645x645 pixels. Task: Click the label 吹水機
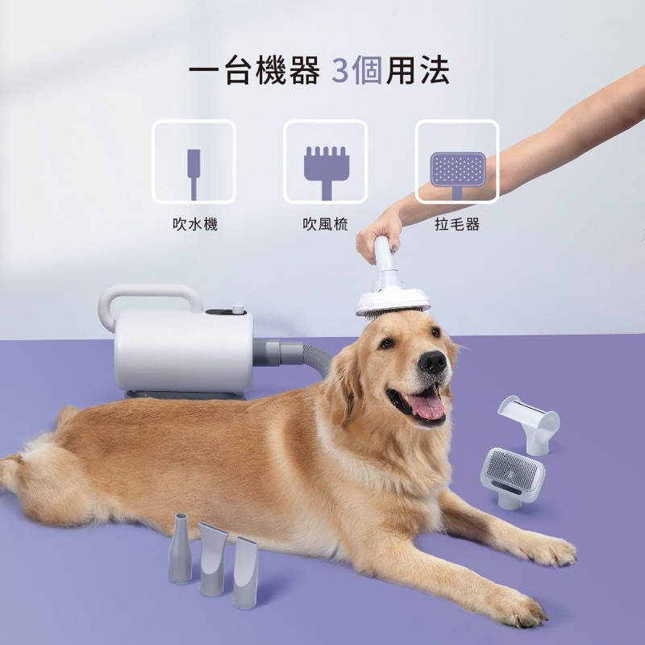click(194, 224)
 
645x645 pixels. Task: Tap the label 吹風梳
click(325, 224)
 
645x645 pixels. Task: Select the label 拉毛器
click(457, 224)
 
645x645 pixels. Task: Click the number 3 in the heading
click(339, 72)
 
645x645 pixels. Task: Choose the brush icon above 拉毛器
click(457, 171)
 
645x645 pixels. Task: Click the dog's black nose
click(433, 364)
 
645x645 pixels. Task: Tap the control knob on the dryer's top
click(237, 308)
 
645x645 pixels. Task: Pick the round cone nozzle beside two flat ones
click(180, 549)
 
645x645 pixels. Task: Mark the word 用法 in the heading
click(418, 72)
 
